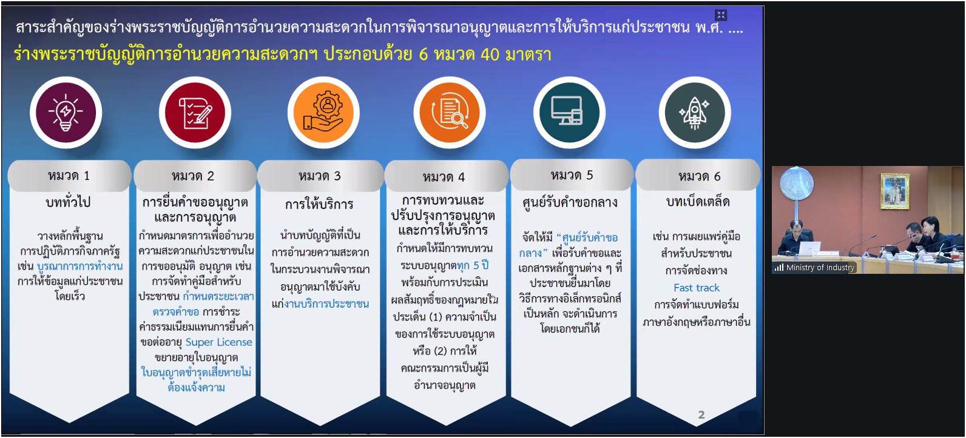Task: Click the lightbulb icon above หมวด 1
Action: [x=66, y=113]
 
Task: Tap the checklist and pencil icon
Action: [x=195, y=113]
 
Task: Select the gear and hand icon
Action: [x=323, y=113]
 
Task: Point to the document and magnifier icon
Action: [x=450, y=112]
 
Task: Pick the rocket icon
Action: [x=694, y=113]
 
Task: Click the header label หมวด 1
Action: [x=69, y=176]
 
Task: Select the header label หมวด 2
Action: [x=193, y=176]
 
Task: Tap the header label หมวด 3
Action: [x=320, y=176]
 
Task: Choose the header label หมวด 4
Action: [x=444, y=177]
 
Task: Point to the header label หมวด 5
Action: [x=572, y=175]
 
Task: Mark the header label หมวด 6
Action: [x=699, y=176]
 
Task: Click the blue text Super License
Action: [x=218, y=342]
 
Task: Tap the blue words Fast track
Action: [x=697, y=288]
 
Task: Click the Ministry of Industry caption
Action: [x=820, y=267]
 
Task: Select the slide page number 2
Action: [x=701, y=415]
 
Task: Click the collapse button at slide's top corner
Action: [x=721, y=15]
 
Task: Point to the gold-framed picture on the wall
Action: [x=895, y=191]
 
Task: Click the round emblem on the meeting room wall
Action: [x=797, y=183]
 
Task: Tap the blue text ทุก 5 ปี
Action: [x=473, y=265]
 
